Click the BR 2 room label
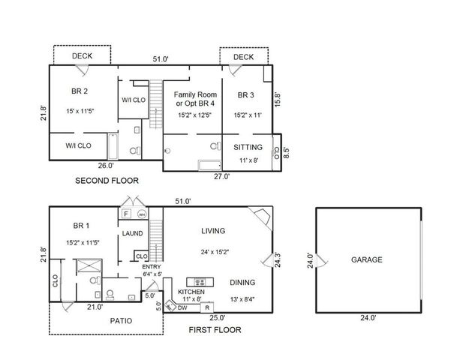point(80,91)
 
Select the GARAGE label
point(367,259)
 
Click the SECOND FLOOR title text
point(107,181)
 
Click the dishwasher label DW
point(183,307)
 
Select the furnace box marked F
point(126,214)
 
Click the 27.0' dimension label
point(221,177)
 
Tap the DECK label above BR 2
point(82,56)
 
